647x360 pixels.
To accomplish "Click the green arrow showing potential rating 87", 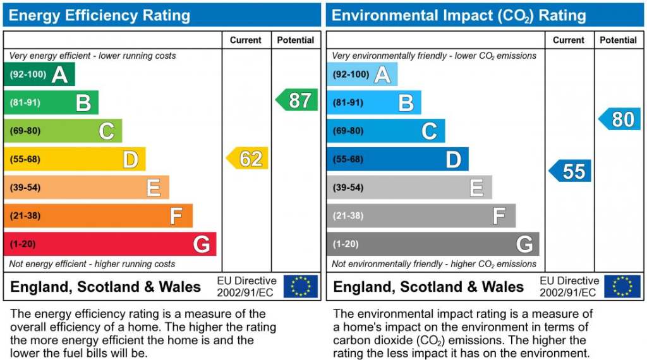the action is pos(297,100).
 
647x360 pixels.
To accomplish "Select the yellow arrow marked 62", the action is pos(248,159).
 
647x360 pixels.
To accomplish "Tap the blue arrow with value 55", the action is pos(571,171).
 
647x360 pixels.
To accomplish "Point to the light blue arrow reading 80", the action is pos(620,119).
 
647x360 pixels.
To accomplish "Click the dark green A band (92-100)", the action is pos(39,75).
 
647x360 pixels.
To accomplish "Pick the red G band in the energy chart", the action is pos(110,244).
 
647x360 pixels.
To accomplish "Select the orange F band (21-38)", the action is pos(98,215).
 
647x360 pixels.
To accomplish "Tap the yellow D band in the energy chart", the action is pos(75,159).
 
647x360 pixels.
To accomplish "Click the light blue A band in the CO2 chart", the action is pos(362,75).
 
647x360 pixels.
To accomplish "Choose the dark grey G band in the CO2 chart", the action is pos(433,244).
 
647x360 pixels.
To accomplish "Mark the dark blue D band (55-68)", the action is pos(398,159).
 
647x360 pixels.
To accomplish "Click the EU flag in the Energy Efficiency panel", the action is pos(301,286).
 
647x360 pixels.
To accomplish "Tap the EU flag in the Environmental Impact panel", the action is pos(622,286).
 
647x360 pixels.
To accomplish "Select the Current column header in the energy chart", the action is pos(246,40).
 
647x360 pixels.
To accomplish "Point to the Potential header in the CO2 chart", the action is pos(618,40).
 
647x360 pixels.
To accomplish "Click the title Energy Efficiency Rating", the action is pos(99,15).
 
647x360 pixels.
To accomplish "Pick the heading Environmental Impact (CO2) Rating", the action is pos(459,16).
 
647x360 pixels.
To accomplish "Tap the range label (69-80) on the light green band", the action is pos(25,131).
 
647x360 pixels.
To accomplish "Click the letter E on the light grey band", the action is pos(476,188).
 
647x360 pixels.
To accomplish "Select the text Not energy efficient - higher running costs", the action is pos(92,264).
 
